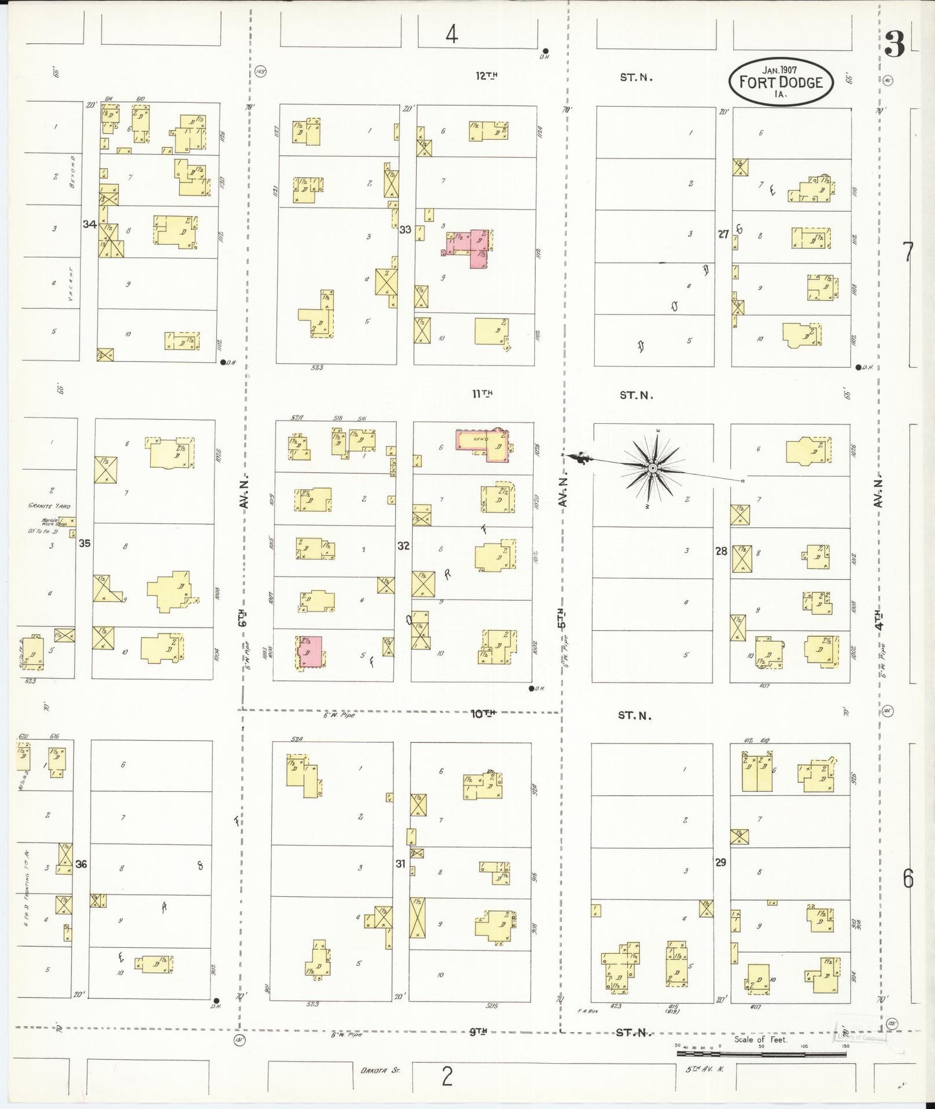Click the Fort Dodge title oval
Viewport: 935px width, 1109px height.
[780, 82]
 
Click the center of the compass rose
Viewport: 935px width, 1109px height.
[653, 467]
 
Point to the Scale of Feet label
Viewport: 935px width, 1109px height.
[760, 1040]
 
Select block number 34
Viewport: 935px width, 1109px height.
[89, 225]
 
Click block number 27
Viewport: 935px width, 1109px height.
[723, 234]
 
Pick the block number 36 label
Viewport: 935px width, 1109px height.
[81, 864]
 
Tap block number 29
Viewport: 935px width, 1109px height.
[720, 862]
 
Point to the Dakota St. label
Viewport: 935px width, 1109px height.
[380, 1070]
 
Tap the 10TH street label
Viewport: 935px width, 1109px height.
[483, 714]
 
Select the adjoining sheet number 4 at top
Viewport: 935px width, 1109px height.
[452, 34]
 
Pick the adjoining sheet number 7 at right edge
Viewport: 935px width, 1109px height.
[908, 252]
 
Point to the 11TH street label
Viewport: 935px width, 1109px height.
[483, 393]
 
